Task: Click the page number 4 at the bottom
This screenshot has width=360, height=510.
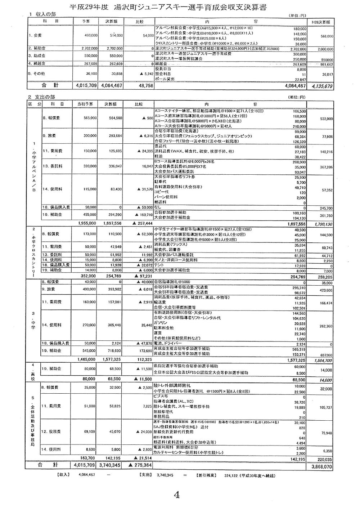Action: click(176, 495)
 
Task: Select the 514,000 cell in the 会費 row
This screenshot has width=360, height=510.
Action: click(116, 36)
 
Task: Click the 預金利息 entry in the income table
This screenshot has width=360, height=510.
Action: click(163, 74)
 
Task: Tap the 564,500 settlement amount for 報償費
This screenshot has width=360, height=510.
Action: click(115, 118)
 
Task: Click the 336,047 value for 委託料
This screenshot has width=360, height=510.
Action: click(115, 167)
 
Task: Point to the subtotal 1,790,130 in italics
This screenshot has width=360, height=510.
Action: click(323, 224)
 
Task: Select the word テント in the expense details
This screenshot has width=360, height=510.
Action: click(159, 265)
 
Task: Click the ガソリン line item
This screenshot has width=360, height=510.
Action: click(161, 323)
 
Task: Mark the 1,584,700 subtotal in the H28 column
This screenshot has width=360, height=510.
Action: click(323, 360)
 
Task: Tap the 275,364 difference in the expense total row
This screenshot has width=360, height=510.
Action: click(142, 465)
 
